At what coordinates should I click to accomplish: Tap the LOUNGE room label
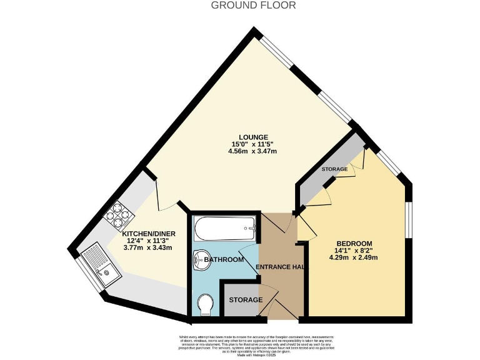(253, 137)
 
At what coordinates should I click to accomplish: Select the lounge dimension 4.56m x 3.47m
(253, 152)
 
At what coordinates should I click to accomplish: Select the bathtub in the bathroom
(224, 229)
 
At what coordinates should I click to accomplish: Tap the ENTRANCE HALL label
(282, 267)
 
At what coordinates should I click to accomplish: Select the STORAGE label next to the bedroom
(334, 169)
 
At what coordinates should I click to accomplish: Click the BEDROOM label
(354, 243)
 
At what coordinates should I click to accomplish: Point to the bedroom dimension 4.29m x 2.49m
(354, 257)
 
